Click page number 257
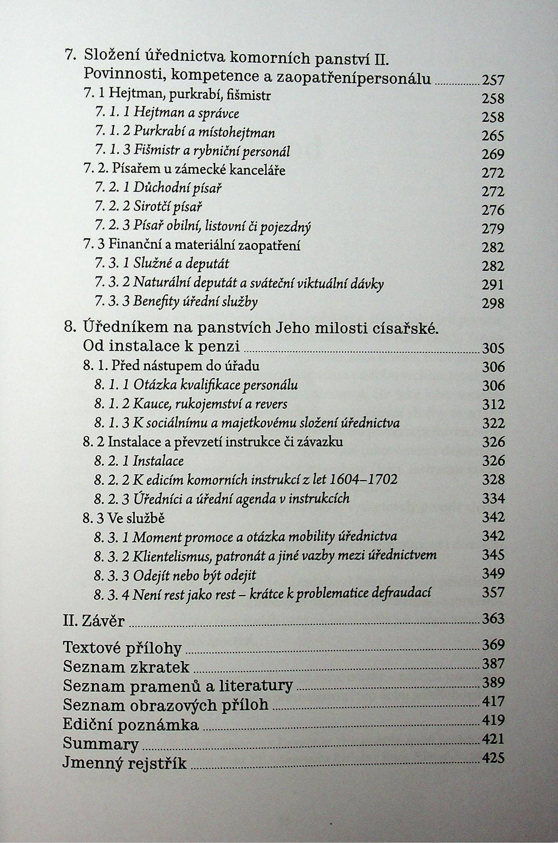coord(493,80)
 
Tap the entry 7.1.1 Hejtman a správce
coord(167,113)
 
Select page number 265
coord(493,136)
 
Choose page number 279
coord(493,229)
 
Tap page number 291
coord(493,284)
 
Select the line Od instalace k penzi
coord(161,346)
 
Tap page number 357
coord(493,592)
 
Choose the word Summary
coord(101,743)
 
